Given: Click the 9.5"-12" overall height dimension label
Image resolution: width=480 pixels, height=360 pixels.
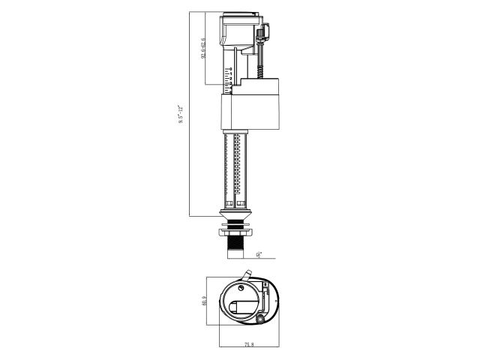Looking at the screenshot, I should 181,115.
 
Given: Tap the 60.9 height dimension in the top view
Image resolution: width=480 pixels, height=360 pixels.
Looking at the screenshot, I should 203,300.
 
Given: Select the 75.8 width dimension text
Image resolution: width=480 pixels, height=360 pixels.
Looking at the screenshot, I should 248,345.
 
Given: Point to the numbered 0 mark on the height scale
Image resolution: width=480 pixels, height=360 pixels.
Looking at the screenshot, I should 231,68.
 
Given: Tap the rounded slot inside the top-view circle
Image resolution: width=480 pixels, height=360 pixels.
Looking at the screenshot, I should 243,305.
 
